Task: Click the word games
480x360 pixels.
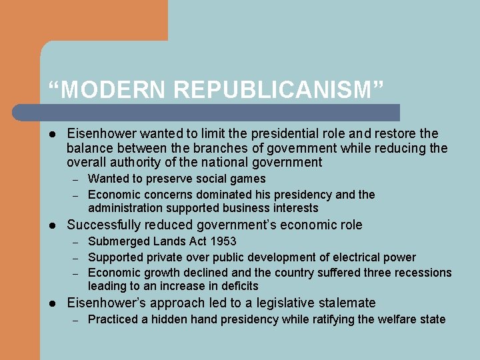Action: (x=248, y=179)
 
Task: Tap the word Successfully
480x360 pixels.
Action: (x=104, y=225)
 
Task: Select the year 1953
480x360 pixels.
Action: (x=223, y=241)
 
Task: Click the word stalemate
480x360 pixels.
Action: (x=343, y=303)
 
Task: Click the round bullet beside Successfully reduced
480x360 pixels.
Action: (x=53, y=225)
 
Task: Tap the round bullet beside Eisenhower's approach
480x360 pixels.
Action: (x=53, y=303)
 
